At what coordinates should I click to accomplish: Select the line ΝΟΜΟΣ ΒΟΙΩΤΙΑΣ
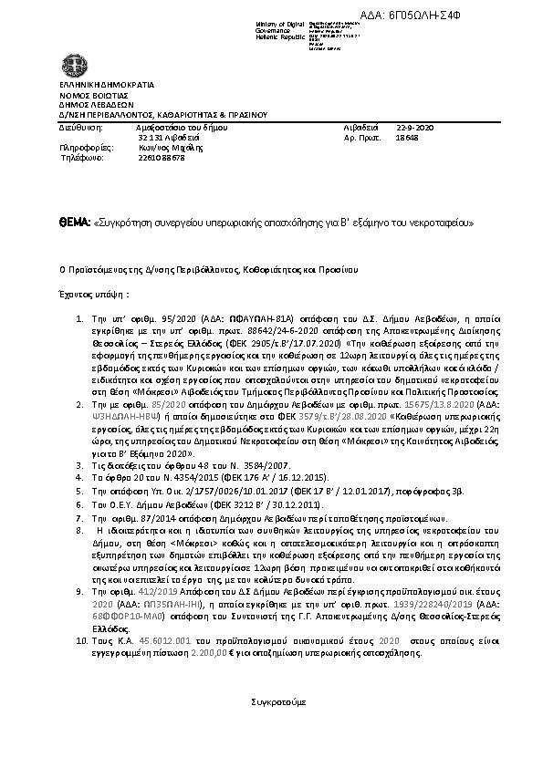(x=89, y=95)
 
